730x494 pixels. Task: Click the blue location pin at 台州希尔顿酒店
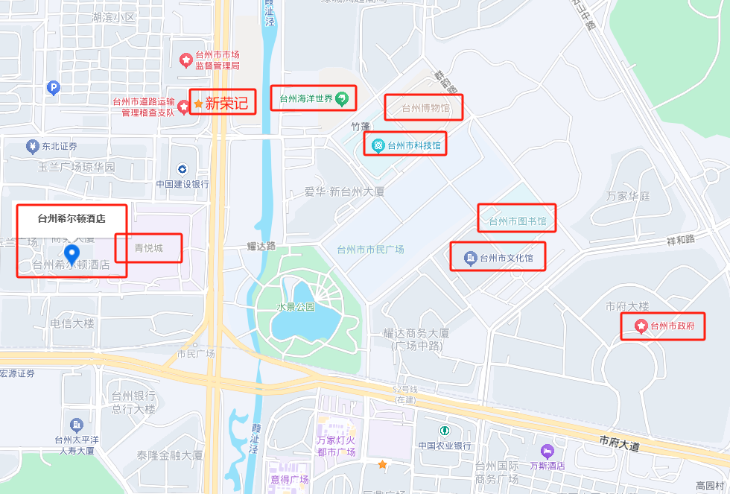pyautogui.click(x=72, y=254)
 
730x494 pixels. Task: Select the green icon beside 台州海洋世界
pyautogui.click(x=341, y=98)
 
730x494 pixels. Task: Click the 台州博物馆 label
pyautogui.click(x=425, y=108)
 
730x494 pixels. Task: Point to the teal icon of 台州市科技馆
pyautogui.click(x=378, y=145)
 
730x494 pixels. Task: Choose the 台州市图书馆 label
pyautogui.click(x=517, y=221)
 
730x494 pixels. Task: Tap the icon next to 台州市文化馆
pyautogui.click(x=470, y=259)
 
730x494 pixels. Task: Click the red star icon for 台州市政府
pyautogui.click(x=640, y=326)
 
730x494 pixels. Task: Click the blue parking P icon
pyautogui.click(x=52, y=88)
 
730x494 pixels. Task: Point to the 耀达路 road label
pyautogui.click(x=261, y=245)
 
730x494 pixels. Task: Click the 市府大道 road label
pyautogui.click(x=619, y=444)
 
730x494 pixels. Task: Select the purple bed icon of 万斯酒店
pyautogui.click(x=548, y=452)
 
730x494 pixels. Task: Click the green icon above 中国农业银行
pyautogui.click(x=444, y=431)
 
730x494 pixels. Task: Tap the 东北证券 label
pyautogui.click(x=60, y=146)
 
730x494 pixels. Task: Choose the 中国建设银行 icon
pyautogui.click(x=182, y=169)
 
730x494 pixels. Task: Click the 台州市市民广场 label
pyautogui.click(x=370, y=250)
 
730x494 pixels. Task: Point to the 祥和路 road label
pyautogui.click(x=680, y=239)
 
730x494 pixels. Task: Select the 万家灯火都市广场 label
pyautogui.click(x=336, y=446)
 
